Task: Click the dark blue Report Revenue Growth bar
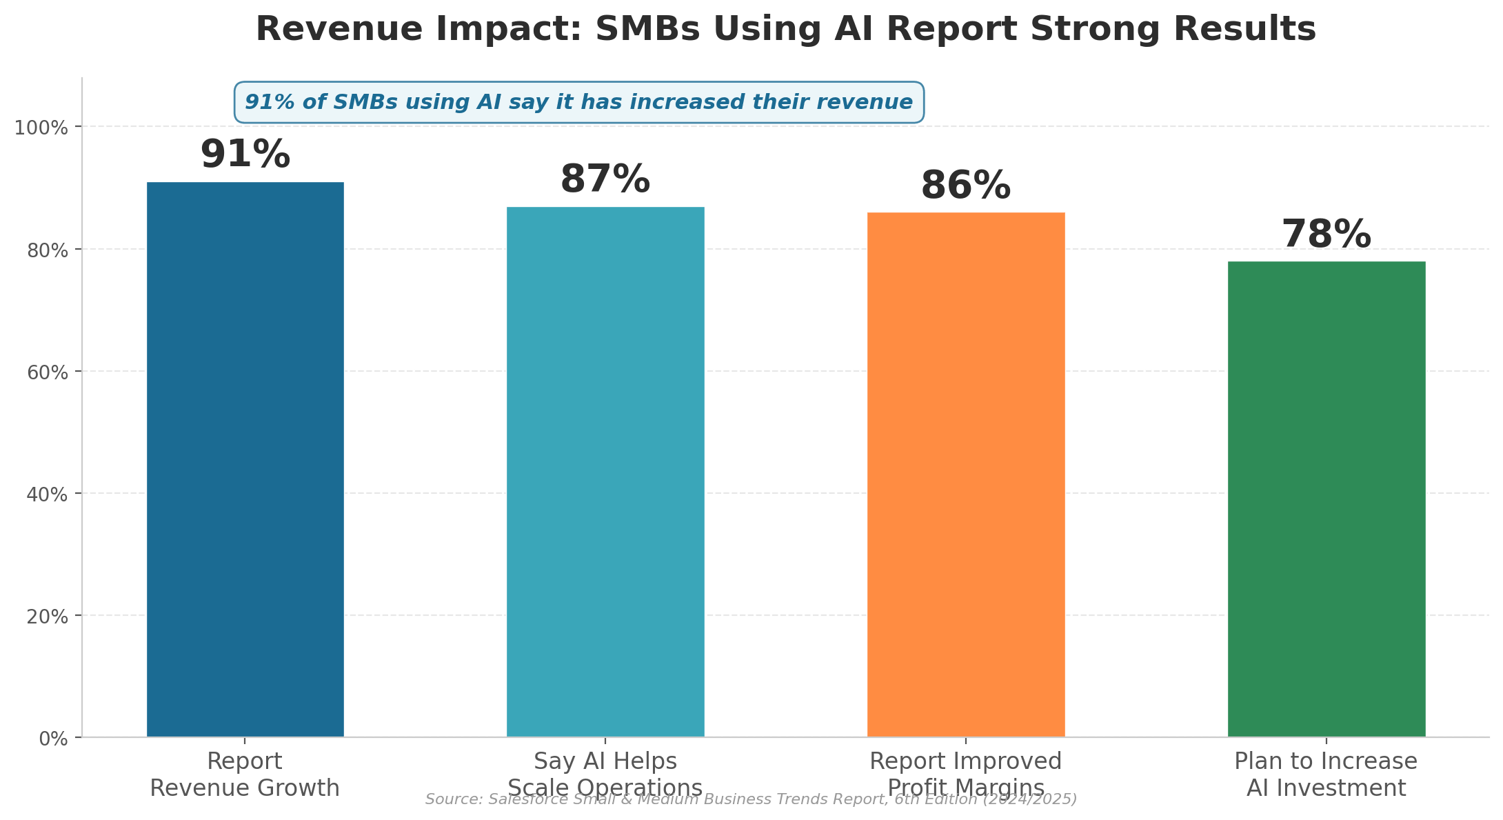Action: (x=245, y=459)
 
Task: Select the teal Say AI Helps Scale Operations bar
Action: (x=605, y=472)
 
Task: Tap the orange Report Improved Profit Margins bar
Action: (x=965, y=474)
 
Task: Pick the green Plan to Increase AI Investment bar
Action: (x=1326, y=499)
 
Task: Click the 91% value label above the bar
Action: (x=245, y=154)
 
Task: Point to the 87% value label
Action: (x=605, y=179)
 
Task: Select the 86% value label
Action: (x=965, y=186)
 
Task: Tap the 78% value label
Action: (x=1326, y=234)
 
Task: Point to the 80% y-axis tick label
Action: (x=48, y=250)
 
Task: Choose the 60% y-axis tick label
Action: (x=48, y=372)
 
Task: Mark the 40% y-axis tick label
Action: (x=48, y=494)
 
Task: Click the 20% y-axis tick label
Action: (x=48, y=617)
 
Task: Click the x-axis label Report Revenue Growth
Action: (x=245, y=774)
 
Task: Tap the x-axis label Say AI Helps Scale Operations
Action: (x=605, y=774)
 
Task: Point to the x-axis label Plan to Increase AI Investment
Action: (x=1326, y=774)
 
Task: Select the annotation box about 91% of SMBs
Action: (x=578, y=103)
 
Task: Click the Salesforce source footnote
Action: (x=751, y=799)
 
